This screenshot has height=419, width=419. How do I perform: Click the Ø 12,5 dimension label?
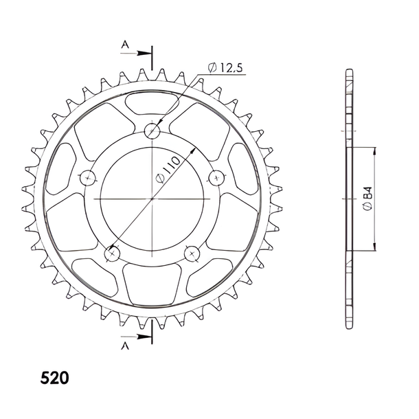click(225, 68)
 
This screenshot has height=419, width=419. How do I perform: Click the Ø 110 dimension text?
click(168, 170)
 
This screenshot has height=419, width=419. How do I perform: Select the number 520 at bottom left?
click(54, 378)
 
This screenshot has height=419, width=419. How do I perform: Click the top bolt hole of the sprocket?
click(152, 131)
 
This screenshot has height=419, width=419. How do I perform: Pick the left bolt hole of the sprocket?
click(88, 178)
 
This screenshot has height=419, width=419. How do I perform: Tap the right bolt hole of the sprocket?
click(216, 178)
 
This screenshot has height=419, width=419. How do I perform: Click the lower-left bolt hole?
click(112, 253)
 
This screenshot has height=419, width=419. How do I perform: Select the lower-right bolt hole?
click(192, 253)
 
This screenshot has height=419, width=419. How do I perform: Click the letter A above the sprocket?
click(125, 45)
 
